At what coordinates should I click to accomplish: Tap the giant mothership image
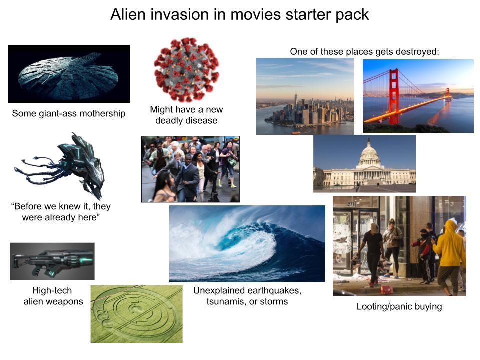point(68,74)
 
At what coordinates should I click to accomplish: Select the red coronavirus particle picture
point(186,69)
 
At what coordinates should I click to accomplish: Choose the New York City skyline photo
point(305,96)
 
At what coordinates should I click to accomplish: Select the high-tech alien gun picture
point(52,261)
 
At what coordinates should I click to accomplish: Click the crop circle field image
point(136,314)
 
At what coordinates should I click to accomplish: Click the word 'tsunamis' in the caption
point(226,301)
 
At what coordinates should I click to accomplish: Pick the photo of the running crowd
point(190,169)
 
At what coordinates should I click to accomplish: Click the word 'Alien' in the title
point(127,15)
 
